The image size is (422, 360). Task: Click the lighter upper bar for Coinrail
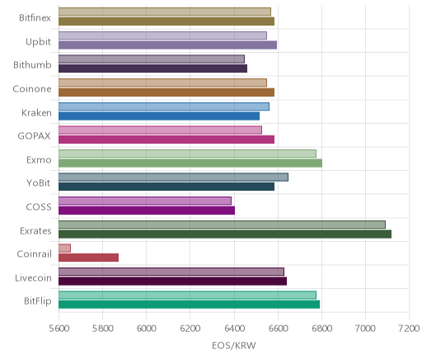pyautogui.click(x=64, y=248)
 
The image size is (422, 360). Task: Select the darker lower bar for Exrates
pyautogui.click(x=225, y=234)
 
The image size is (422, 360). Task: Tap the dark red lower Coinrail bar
pyautogui.click(x=88, y=258)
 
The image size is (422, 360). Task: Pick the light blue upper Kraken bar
pyautogui.click(x=164, y=107)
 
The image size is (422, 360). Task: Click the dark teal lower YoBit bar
pyautogui.click(x=166, y=187)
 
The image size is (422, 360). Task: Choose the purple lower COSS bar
pyautogui.click(x=147, y=211)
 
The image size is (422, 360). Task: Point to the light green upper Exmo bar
pyautogui.click(x=187, y=154)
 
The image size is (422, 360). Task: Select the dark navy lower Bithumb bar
pyautogui.click(x=152, y=69)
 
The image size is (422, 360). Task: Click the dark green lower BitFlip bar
pyautogui.click(x=189, y=305)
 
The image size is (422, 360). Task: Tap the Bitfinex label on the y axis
pyautogui.click(x=35, y=18)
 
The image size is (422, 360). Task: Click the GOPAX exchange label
pyautogui.click(x=34, y=136)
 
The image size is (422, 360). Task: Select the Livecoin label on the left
pyautogui.click(x=33, y=277)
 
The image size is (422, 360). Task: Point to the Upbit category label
pyautogui.click(x=38, y=42)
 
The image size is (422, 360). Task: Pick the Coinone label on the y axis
pyautogui.click(x=32, y=88)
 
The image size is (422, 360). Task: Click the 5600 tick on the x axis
pyautogui.click(x=59, y=329)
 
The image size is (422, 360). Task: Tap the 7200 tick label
pyautogui.click(x=409, y=329)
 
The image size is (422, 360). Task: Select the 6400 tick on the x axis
pyautogui.click(x=234, y=329)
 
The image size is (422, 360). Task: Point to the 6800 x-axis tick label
pyautogui.click(x=321, y=329)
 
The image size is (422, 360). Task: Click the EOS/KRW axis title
pyautogui.click(x=234, y=345)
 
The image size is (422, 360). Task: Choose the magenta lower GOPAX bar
pyautogui.click(x=166, y=140)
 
